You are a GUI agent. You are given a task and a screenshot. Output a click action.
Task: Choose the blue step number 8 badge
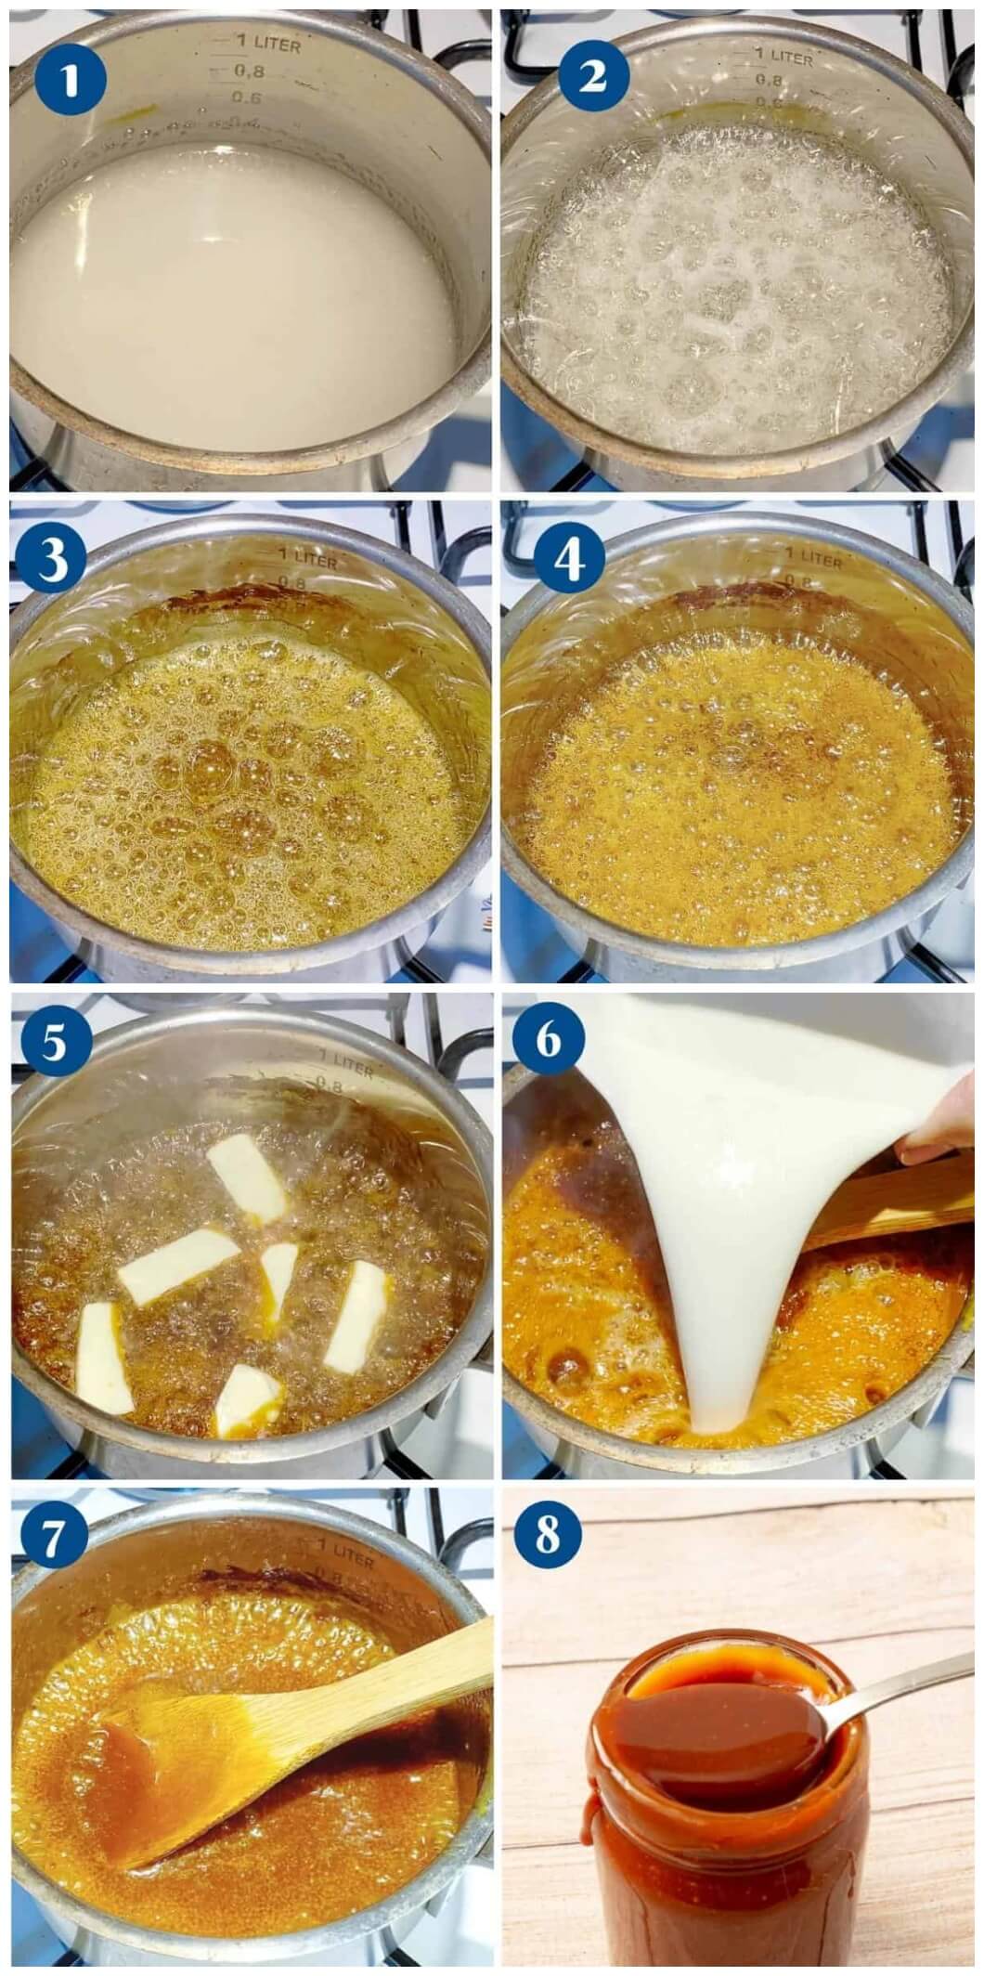tap(548, 1538)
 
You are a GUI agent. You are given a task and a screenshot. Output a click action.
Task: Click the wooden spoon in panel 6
tap(882, 1202)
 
